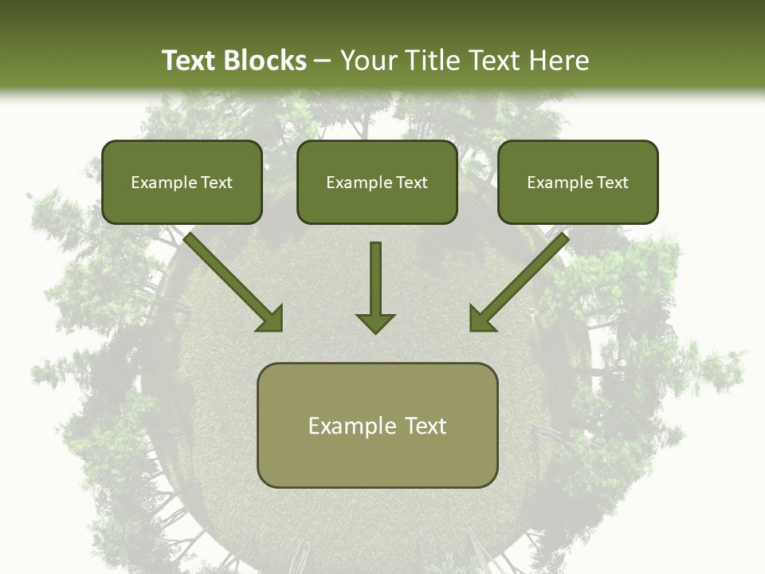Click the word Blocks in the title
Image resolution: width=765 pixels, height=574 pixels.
[x=266, y=61]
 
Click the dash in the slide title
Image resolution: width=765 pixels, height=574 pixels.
[x=322, y=61]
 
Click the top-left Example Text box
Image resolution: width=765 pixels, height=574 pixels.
[x=182, y=182]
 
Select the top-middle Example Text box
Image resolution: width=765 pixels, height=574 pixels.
[x=377, y=182]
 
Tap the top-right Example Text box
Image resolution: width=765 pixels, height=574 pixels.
[x=578, y=182]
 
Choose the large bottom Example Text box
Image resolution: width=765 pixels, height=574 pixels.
[x=377, y=425]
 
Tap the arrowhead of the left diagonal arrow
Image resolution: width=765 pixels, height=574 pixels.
[x=271, y=318]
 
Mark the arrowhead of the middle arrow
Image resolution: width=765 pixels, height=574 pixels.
[x=375, y=322]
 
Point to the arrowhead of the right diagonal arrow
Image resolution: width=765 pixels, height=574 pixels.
[x=481, y=318]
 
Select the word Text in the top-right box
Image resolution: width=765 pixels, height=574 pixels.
[x=613, y=183]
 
